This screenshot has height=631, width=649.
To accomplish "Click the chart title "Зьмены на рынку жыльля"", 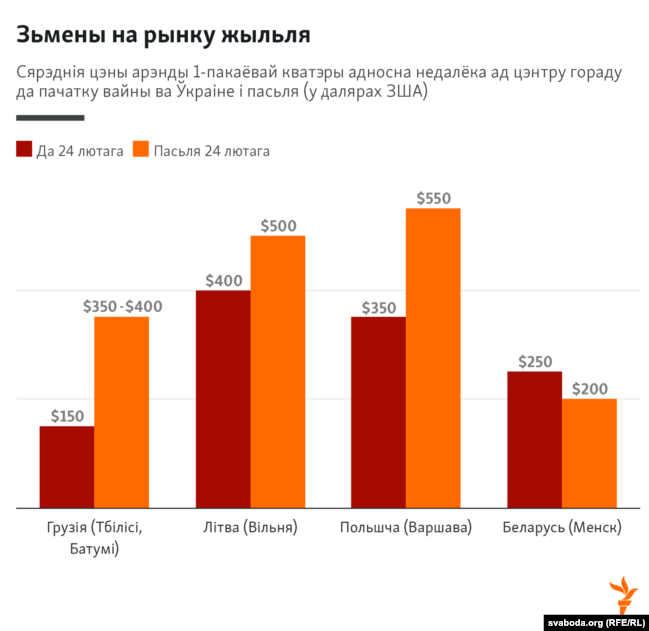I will pyautogui.click(x=163, y=35).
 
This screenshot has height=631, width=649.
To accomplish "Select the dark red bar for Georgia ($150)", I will pyautogui.click(x=67, y=467).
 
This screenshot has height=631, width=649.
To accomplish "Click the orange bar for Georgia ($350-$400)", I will pyautogui.click(x=122, y=412).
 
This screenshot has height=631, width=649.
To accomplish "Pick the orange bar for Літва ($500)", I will pyautogui.click(x=278, y=371).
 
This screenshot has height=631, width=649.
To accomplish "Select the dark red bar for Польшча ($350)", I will pyautogui.click(x=378, y=412).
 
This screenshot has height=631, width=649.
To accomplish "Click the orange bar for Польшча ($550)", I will pyautogui.click(x=433, y=357).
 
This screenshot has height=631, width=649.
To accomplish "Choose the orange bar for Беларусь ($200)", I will pyautogui.click(x=589, y=453).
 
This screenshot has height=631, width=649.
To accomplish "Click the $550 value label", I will pyautogui.click(x=433, y=198).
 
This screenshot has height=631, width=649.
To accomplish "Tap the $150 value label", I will pyautogui.click(x=67, y=416).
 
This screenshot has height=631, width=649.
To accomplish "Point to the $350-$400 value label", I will pyautogui.click(x=122, y=307).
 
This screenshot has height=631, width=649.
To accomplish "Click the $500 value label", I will pyautogui.click(x=278, y=226).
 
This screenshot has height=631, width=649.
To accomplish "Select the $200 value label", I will pyautogui.click(x=589, y=388).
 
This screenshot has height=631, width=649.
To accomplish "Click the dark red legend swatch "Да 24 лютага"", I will pyautogui.click(x=24, y=150).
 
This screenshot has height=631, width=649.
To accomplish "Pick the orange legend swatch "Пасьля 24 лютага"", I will pyautogui.click(x=140, y=150).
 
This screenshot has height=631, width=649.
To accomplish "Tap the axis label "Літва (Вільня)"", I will pyautogui.click(x=250, y=527).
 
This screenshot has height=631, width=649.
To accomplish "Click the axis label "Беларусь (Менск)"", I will pyautogui.click(x=561, y=527).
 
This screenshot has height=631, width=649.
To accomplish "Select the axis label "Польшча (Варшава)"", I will pyautogui.click(x=405, y=527).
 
